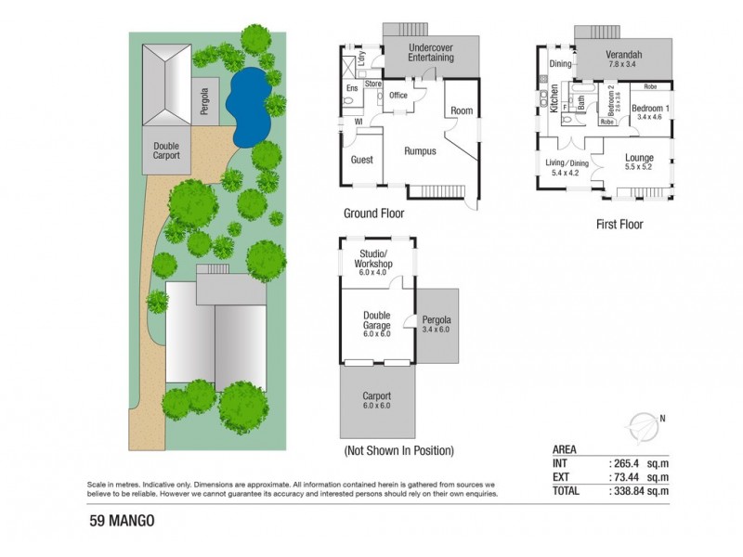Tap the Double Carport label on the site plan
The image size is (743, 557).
[166, 151]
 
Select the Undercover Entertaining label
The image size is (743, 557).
[431, 52]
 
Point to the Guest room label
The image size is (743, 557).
[361, 160]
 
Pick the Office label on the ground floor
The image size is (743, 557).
[398, 96]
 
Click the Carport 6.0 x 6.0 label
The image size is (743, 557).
[376, 400]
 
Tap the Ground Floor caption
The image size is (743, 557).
[373, 213]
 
